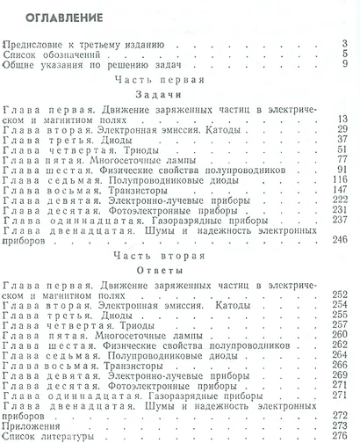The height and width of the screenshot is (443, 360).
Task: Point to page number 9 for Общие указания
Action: point(349,64)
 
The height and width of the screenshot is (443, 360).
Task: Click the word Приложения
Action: point(32,423)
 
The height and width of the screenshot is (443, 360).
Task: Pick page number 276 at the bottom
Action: point(343,433)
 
